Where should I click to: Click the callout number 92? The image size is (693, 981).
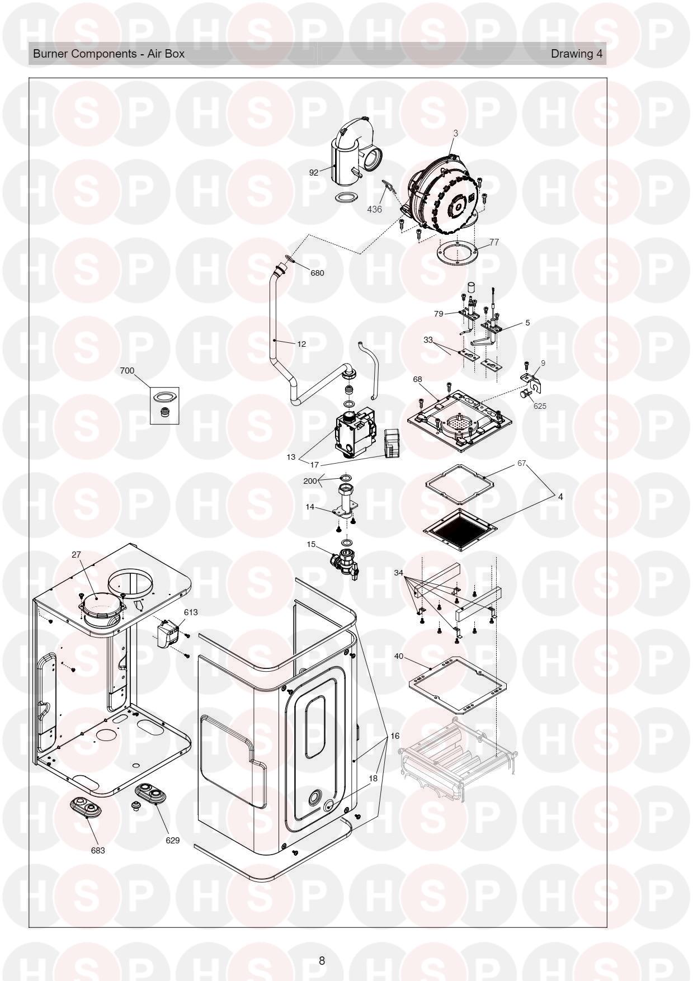[313, 172]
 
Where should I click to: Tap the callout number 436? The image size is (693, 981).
[374, 209]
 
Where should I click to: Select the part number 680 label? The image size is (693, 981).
[317, 273]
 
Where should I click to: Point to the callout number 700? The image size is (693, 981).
[127, 371]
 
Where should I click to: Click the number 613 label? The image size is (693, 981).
[191, 612]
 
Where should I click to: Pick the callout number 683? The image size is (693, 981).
[97, 850]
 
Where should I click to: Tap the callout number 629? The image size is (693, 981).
[172, 840]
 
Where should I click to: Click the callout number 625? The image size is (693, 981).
[539, 406]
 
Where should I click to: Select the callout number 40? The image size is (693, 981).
[399, 655]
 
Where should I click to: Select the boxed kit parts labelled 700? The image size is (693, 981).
[164, 405]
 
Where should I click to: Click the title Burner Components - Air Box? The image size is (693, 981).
[109, 54]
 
